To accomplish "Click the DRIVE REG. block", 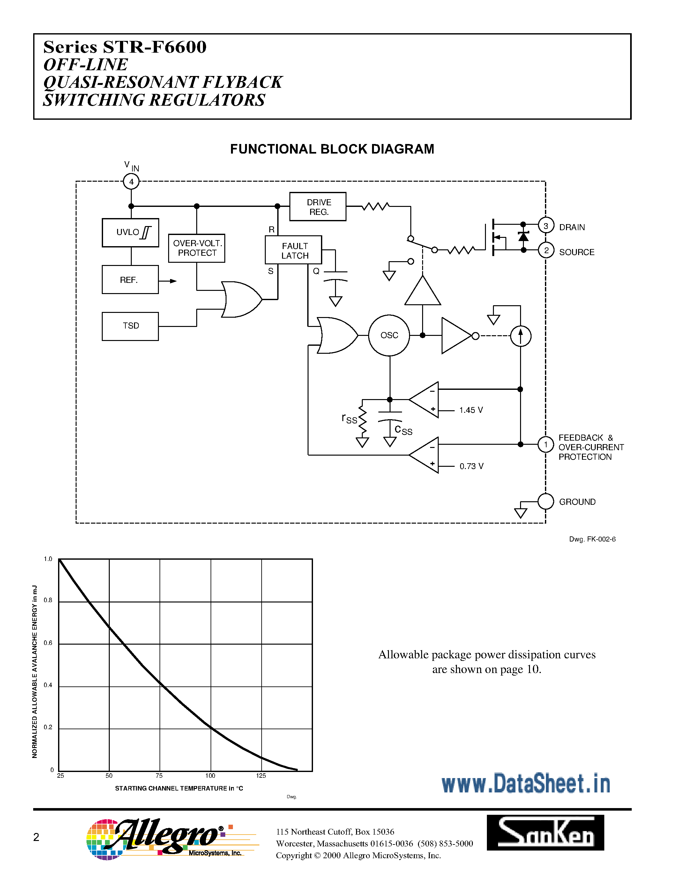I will click(318, 207).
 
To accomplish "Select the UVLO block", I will click(130, 232).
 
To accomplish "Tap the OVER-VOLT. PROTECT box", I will click(197, 248).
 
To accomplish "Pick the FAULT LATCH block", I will click(294, 250).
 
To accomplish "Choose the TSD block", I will click(130, 326).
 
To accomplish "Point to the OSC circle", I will click(389, 335).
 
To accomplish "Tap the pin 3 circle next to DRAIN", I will click(546, 226).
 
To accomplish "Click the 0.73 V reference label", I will click(472, 466).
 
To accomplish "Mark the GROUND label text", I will click(577, 502).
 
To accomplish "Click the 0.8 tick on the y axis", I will click(48, 600).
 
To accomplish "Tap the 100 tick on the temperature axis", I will click(210, 776).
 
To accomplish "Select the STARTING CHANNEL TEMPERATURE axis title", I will click(179, 788).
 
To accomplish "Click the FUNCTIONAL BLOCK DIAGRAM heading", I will click(332, 149).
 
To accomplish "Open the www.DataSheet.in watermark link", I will click(526, 783).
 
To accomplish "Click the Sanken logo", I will click(545, 833).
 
